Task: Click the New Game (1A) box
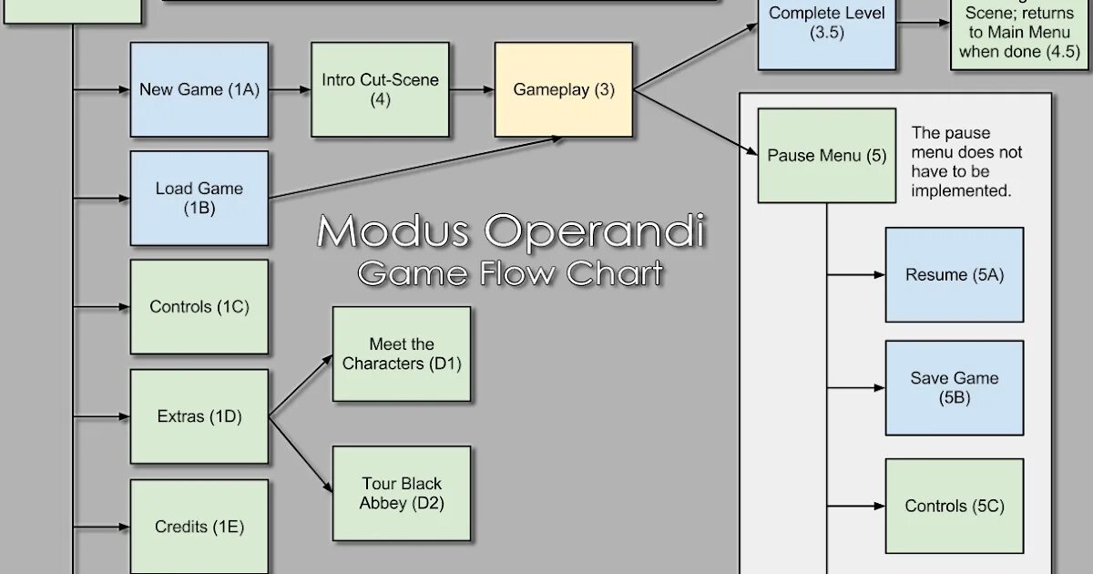199,89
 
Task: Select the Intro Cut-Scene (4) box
380,89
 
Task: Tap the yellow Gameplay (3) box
564,89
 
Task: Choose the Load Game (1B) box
199,198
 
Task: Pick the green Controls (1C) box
199,307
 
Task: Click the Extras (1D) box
199,416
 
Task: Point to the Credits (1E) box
199,526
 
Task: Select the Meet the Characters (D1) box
402,354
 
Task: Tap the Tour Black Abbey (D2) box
402,493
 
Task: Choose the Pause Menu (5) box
826,155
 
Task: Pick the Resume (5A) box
954,274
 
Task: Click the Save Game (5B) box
954,387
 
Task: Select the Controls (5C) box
954,506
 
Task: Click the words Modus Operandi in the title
510,231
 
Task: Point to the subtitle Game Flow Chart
510,272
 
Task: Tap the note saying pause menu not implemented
966,162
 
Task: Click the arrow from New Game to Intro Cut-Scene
290,89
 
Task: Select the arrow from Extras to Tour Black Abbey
301,456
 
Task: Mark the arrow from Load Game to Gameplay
414,168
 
